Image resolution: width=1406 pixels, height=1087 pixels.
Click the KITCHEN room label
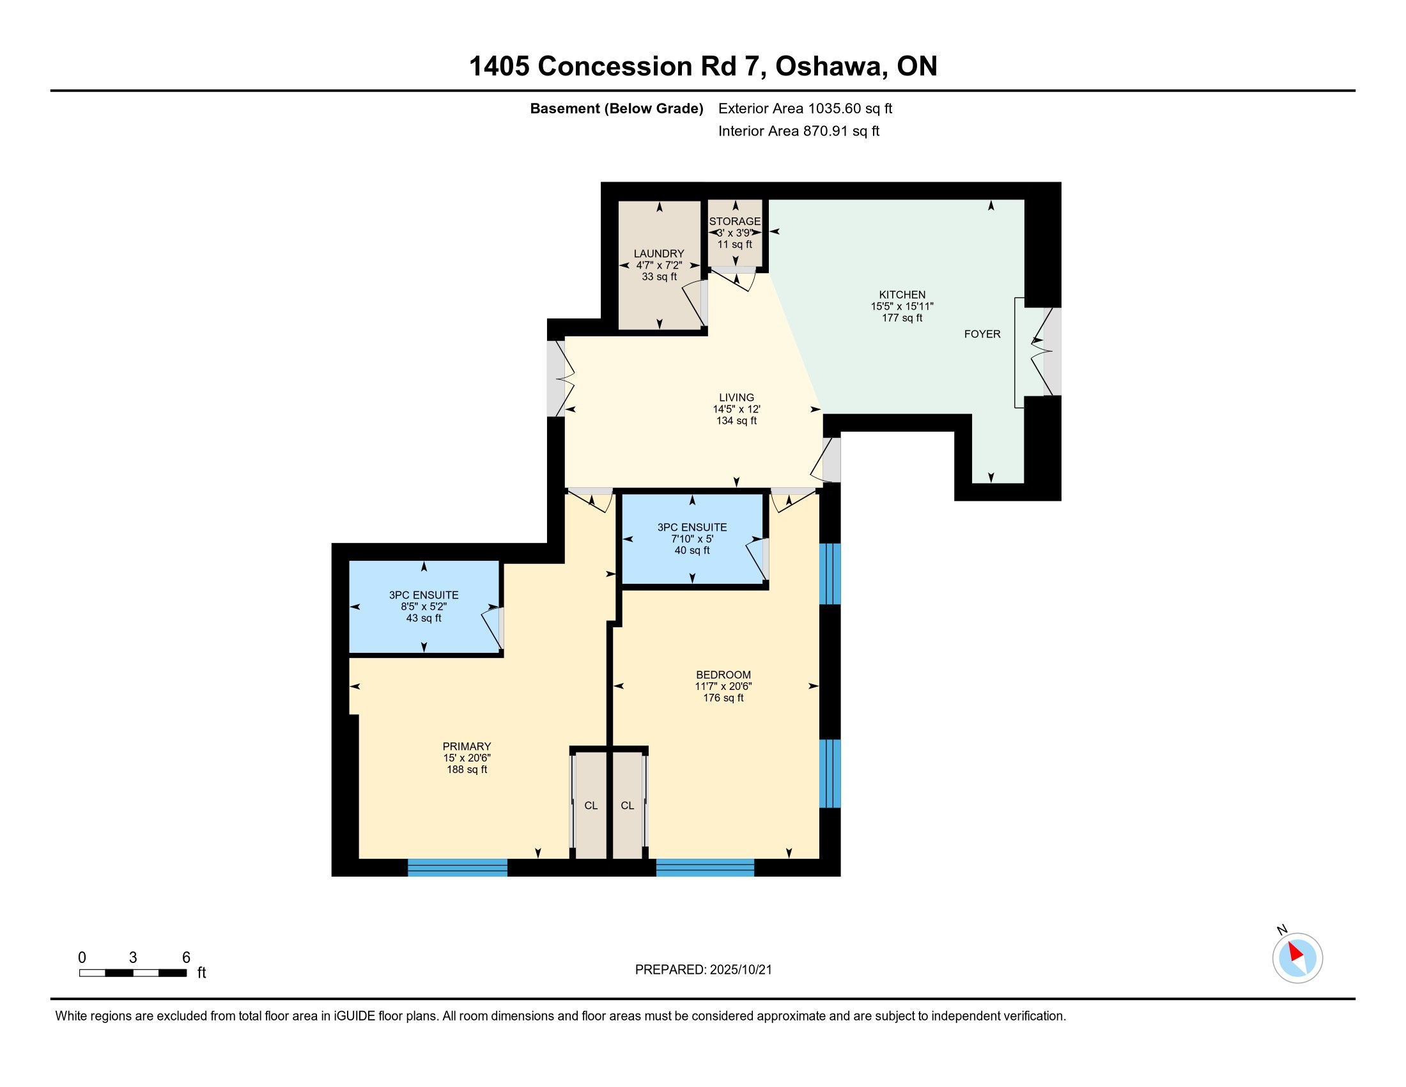902,294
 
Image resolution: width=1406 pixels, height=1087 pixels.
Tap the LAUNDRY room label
658,254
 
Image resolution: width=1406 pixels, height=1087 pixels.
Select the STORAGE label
734,221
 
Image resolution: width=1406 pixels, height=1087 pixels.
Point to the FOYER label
982,334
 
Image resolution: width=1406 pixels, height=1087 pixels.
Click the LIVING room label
736,397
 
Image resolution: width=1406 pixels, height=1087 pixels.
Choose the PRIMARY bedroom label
467,746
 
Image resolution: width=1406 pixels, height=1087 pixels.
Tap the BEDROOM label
723,675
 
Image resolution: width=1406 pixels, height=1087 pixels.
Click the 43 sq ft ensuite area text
424,618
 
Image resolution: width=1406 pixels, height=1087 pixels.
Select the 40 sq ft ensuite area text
692,551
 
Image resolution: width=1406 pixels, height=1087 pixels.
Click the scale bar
134,973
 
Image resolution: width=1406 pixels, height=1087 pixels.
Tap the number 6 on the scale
186,958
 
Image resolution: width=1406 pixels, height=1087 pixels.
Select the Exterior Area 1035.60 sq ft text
805,108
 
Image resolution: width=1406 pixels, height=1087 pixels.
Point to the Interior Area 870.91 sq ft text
799,130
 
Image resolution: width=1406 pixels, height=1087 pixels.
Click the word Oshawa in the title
828,66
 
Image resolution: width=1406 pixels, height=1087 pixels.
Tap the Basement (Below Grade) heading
616,108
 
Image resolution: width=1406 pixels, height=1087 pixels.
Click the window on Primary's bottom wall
458,868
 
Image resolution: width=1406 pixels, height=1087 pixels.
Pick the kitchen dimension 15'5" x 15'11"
902,306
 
